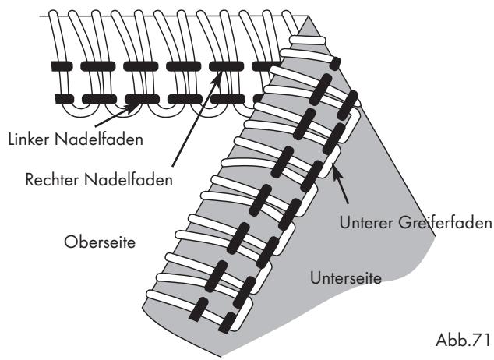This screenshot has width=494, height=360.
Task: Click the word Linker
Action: click(29, 139)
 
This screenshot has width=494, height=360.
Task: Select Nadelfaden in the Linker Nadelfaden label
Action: click(99, 139)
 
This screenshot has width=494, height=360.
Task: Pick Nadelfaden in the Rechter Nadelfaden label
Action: click(129, 180)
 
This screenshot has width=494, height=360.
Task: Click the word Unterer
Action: click(366, 223)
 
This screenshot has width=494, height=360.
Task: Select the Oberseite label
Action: click(100, 242)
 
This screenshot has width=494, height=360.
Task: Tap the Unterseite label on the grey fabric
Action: click(346, 278)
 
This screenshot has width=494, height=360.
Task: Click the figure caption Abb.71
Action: click(463, 341)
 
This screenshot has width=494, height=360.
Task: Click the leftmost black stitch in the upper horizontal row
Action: click(62, 66)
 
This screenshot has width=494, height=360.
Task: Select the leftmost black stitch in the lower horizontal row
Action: click(65, 99)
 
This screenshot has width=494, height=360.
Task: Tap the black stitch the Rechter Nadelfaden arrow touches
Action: click(226, 66)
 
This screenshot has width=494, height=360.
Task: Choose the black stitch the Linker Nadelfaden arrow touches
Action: click(142, 99)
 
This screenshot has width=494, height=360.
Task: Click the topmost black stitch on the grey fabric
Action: click(335, 64)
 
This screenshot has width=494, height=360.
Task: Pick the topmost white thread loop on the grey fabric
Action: click(307, 40)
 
